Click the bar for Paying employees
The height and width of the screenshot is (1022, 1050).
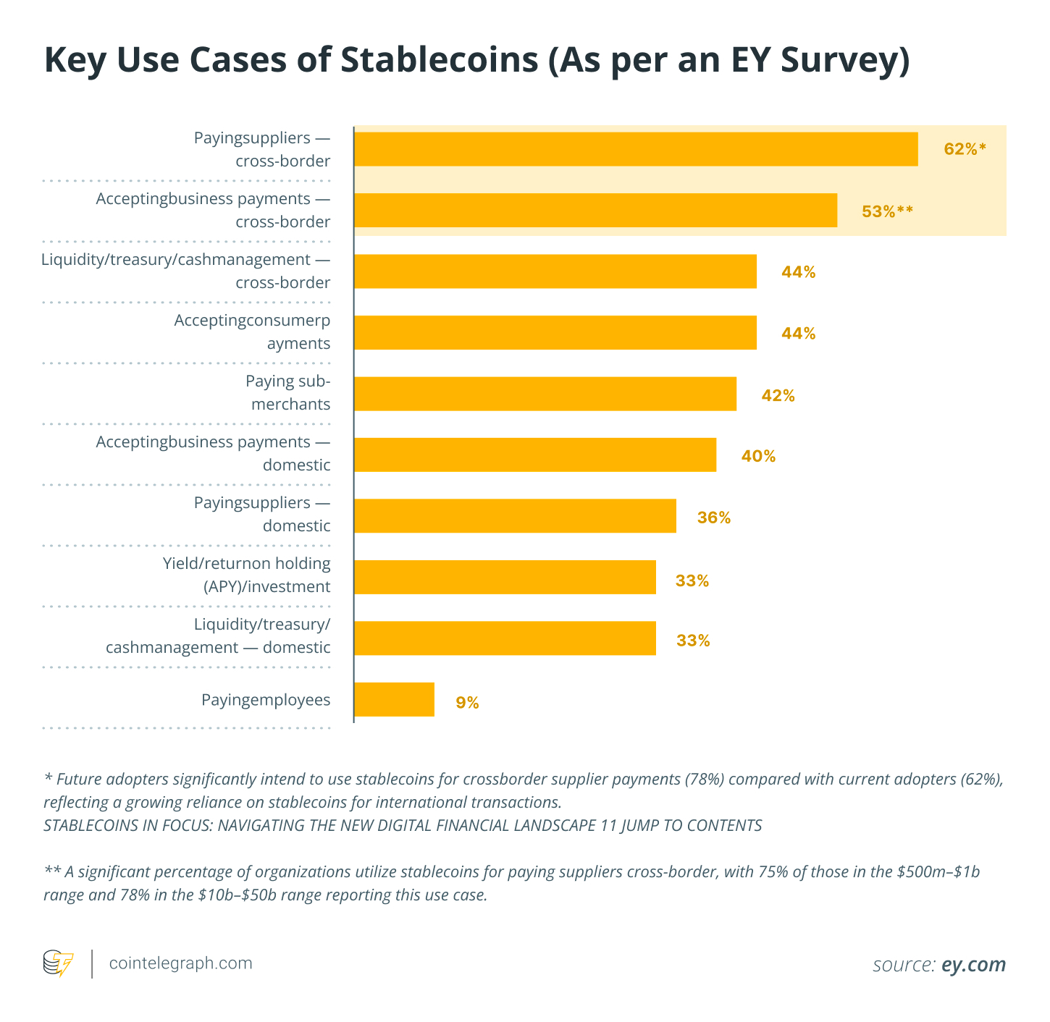tap(394, 699)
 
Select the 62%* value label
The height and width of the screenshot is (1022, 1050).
tap(965, 149)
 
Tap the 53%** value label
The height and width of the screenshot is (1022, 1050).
tap(887, 211)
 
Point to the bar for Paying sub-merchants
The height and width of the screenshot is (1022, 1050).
tap(545, 394)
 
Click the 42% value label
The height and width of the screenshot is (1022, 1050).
tap(778, 395)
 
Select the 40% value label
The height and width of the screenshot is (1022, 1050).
tap(758, 456)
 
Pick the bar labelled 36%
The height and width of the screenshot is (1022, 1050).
tap(515, 516)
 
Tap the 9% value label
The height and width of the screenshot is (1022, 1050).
tap(467, 702)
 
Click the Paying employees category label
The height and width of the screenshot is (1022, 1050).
tap(266, 700)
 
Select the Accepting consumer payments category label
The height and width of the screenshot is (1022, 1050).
tap(252, 331)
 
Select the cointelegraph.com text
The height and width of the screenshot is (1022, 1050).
tap(180, 963)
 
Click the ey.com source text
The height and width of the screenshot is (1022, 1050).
tap(973, 964)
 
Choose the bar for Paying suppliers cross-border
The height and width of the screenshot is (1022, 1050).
tap(636, 149)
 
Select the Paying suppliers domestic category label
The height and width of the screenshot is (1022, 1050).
tap(262, 514)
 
